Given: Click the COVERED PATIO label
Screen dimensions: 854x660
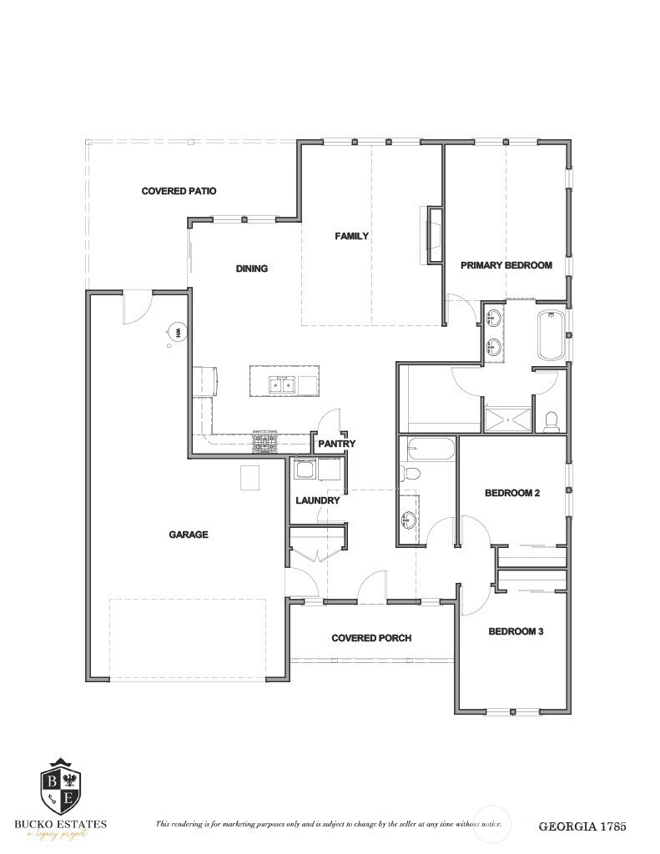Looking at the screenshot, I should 179,191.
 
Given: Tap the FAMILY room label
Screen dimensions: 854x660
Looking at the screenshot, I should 351,236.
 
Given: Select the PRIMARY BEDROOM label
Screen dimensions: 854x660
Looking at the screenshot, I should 506,265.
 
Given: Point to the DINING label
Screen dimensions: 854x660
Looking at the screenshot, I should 251,269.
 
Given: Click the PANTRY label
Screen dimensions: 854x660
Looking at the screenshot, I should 336,444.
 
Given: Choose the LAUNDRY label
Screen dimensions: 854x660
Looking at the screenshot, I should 318,500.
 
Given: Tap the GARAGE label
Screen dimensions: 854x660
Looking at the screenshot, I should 189,535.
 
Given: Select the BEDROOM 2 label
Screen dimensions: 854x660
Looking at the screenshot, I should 512,493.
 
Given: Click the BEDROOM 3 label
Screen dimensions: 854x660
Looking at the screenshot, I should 516,631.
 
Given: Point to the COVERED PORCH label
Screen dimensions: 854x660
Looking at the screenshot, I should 371,638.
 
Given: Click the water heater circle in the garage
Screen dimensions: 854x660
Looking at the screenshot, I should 178,332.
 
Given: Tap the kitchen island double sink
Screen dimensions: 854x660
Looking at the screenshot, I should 283,384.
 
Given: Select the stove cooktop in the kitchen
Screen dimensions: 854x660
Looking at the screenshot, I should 265,441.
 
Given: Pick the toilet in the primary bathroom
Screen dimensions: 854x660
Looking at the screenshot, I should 551,420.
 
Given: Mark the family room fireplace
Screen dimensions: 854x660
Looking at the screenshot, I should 434,235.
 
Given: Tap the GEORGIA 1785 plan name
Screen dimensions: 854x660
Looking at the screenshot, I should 582,826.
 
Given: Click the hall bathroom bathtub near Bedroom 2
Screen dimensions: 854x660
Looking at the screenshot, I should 427,450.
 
